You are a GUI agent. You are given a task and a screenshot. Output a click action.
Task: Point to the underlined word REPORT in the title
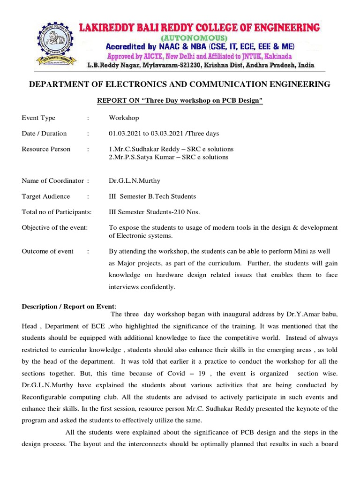tap(110, 101)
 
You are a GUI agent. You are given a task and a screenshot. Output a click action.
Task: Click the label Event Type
tap(38, 118)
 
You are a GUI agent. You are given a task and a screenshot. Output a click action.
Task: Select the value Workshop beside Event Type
tap(124, 118)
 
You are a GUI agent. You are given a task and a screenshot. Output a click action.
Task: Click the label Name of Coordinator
tap(52, 181)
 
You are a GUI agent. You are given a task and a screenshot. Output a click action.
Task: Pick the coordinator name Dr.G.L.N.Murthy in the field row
tap(133, 181)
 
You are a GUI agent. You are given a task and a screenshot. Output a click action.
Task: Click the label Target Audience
tap(46, 196)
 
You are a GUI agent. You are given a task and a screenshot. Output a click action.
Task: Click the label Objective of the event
tap(54, 227)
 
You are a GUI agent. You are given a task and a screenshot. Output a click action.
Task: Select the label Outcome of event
tap(48, 251)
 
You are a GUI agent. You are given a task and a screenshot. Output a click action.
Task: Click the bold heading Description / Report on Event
tap(68, 307)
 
